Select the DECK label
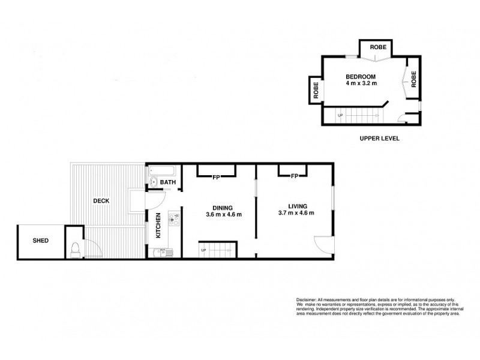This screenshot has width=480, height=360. (x=101, y=201)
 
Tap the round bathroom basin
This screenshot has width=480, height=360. (x=154, y=183)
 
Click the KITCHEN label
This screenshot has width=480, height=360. (x=159, y=226)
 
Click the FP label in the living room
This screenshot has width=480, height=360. (x=295, y=176)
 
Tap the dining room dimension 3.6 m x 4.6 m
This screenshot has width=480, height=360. (x=223, y=214)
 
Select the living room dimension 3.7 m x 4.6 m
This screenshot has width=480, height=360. (x=296, y=212)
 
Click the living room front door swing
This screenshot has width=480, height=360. (x=322, y=245)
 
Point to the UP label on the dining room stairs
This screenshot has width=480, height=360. (x=204, y=250)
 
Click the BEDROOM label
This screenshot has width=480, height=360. (x=361, y=76)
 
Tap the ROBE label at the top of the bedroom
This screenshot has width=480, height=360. (x=376, y=47)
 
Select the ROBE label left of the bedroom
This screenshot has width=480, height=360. (x=315, y=90)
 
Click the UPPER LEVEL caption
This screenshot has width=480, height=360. (x=379, y=138)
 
